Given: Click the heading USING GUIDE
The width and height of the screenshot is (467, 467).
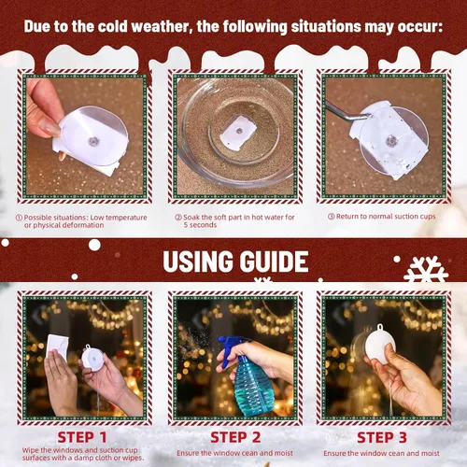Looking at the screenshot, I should [234, 261].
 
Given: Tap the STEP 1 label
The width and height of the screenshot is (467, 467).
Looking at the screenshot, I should [83, 435].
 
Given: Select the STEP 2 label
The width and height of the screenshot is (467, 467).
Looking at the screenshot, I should [234, 435].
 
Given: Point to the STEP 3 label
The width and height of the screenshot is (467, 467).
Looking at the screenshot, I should [383, 435].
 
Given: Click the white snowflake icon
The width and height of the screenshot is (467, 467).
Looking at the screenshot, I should [425, 272].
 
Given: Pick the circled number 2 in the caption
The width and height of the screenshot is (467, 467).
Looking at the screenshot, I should [177, 218].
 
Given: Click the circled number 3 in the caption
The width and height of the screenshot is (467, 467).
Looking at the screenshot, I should [330, 217].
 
